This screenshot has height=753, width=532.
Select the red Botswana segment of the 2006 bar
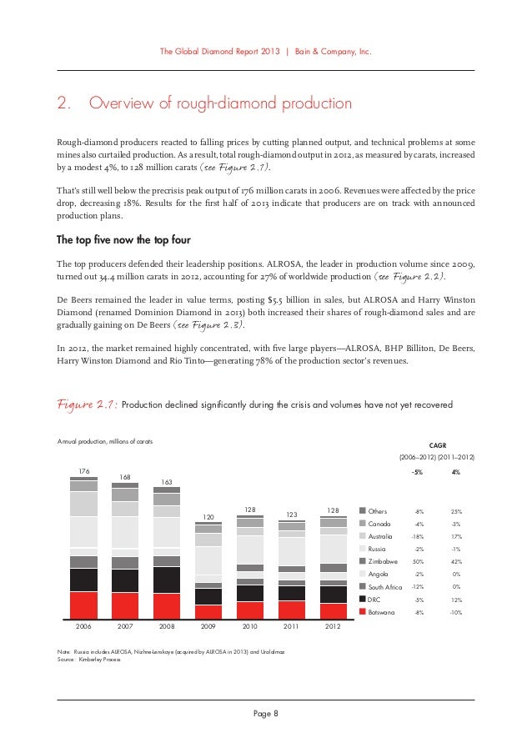[83, 605]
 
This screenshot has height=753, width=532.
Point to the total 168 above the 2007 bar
[124, 478]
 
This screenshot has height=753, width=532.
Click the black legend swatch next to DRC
[363, 599]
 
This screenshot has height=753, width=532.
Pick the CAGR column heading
[436, 445]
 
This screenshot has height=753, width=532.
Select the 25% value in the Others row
[455, 510]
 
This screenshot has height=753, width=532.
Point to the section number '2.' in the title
[63, 104]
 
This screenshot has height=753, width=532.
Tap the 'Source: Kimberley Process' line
[91, 659]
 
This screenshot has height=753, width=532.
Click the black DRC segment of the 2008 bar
[167, 580]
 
